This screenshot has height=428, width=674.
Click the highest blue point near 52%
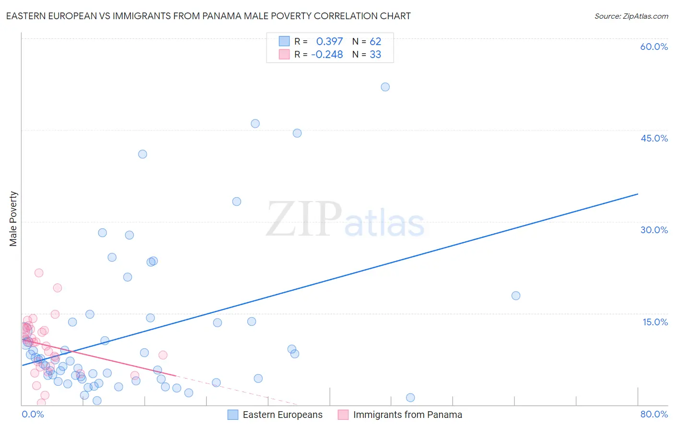click(x=385, y=87)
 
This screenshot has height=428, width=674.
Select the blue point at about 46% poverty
click(x=255, y=123)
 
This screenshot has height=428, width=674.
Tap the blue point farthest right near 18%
click(x=516, y=296)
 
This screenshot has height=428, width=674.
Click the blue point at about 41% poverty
click(x=142, y=154)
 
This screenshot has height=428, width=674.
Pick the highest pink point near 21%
click(x=39, y=273)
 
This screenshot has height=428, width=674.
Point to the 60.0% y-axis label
click(x=654, y=47)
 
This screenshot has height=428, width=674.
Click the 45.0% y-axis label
click(x=654, y=138)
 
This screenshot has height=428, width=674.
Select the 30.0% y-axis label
click(x=654, y=230)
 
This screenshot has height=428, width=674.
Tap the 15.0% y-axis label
click(x=655, y=322)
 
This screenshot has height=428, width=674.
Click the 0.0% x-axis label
click(x=33, y=414)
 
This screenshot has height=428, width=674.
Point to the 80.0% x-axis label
click(x=654, y=414)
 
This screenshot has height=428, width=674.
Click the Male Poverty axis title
click(x=13, y=219)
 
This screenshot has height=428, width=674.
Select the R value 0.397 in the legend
click(x=329, y=41)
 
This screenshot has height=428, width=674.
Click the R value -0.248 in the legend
click(x=327, y=54)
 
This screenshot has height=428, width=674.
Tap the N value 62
click(x=375, y=41)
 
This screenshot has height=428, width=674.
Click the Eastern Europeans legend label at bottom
click(x=282, y=415)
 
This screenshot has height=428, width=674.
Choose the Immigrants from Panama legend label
click(x=407, y=415)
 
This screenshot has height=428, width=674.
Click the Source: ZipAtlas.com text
click(x=631, y=16)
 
